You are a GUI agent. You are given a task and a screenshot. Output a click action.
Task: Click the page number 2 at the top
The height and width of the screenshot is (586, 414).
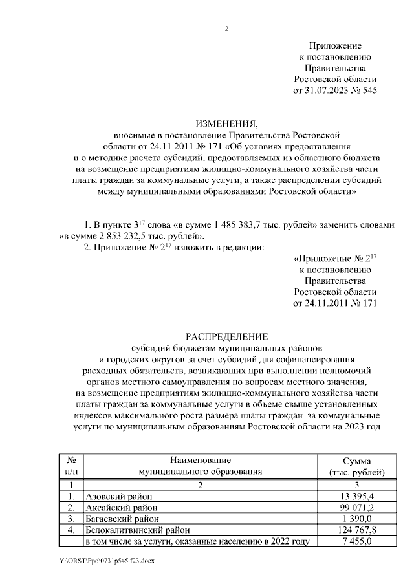[x=226, y=28]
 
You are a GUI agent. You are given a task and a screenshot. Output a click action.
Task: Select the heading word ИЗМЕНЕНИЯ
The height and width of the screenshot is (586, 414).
[x=226, y=124]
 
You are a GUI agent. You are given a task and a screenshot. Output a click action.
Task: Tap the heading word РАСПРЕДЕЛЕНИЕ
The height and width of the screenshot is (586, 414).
[x=226, y=336]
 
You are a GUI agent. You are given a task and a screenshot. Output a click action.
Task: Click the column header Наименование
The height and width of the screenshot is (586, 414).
[x=201, y=460]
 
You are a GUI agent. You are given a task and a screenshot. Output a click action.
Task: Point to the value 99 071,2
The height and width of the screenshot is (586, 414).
[x=356, y=507]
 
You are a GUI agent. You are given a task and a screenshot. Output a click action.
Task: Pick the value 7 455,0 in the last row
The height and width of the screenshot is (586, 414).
[x=356, y=541]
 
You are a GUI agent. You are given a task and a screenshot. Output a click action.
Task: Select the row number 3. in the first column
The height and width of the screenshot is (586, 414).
[x=71, y=519]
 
